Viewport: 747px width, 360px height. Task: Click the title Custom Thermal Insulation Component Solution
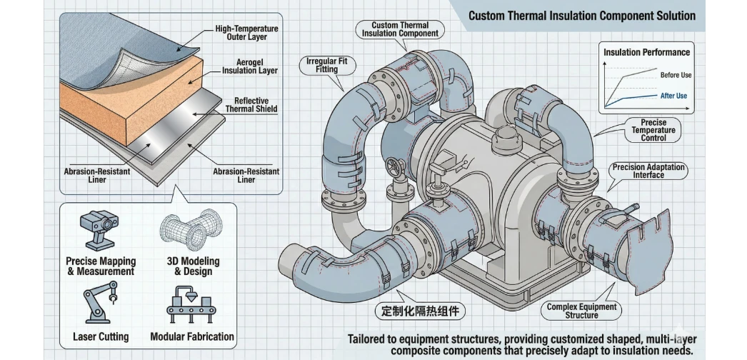(581, 15)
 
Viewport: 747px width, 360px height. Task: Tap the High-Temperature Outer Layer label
(246, 33)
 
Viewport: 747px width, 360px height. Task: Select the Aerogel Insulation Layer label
(250, 66)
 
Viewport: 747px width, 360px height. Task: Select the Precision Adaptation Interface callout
(648, 171)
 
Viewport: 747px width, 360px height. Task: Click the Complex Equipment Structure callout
(581, 311)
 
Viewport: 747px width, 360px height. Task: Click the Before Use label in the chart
(675, 75)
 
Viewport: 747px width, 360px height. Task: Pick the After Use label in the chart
(673, 96)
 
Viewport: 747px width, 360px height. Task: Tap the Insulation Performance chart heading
(647, 52)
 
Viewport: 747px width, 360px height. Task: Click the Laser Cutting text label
(101, 336)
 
